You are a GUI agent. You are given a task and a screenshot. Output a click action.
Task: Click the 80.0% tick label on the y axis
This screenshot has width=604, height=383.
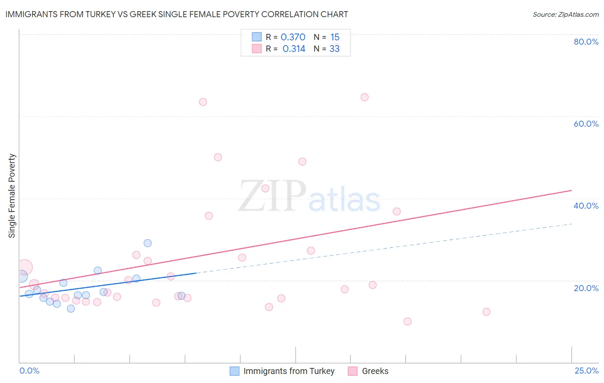586,42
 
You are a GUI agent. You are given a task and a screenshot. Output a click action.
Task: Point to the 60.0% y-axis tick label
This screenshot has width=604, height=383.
586,124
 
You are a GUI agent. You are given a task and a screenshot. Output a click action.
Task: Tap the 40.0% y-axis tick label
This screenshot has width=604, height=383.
586,206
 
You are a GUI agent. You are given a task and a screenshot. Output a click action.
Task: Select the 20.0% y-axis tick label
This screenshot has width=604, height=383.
586,288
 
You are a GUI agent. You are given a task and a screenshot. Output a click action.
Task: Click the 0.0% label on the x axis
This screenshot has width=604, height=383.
29,371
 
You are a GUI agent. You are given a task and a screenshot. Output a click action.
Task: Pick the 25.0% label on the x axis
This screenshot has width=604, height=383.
586,371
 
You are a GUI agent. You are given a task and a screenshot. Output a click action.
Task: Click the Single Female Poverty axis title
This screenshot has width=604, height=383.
12,196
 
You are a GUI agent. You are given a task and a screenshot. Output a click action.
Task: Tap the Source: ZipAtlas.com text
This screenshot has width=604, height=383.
565,14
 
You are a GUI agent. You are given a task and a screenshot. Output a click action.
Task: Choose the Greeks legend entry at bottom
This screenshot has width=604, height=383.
375,371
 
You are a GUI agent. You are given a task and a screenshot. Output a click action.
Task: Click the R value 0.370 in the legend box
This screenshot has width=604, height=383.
293,37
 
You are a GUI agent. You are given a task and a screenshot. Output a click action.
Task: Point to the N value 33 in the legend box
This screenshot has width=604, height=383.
334,49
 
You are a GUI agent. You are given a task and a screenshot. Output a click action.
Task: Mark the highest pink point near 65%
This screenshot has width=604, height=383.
364,97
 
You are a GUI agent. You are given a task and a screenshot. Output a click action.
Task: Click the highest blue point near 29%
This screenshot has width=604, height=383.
147,243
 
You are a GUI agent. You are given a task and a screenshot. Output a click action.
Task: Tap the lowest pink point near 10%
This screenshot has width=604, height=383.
407,322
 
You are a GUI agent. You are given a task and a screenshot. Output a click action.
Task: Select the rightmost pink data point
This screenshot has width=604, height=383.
486,312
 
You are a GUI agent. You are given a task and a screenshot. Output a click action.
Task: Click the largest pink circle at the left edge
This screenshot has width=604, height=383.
24,267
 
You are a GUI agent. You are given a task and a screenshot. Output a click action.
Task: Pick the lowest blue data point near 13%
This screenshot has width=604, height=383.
71,308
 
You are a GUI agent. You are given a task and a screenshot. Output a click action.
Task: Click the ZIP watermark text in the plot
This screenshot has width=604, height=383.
272,196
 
